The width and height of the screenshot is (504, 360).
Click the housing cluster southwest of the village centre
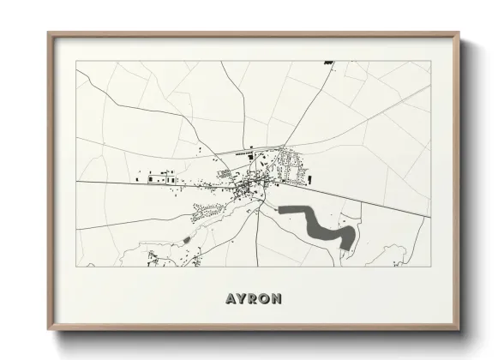pyautogui.click(x=206, y=209)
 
